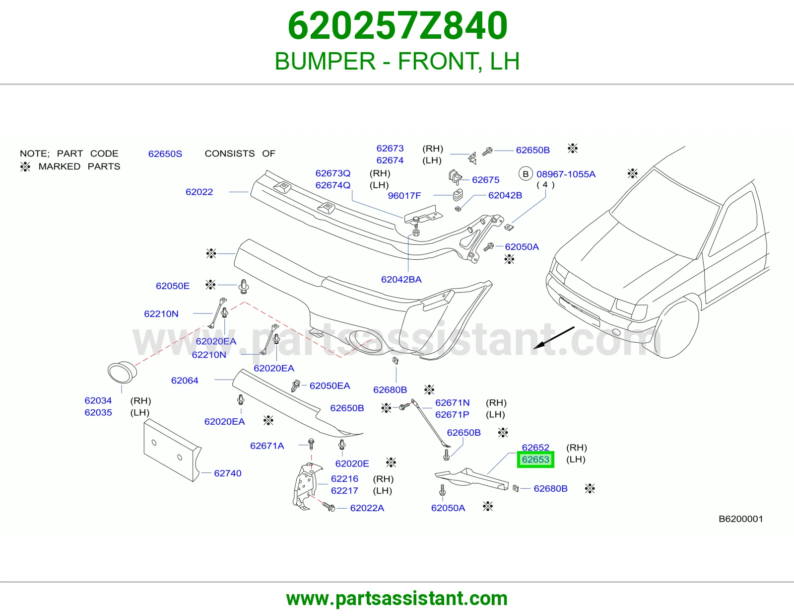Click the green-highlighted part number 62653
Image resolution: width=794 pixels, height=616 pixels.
[535, 460]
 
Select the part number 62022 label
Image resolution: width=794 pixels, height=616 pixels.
[199, 192]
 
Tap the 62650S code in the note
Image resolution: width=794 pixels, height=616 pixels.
[165, 154]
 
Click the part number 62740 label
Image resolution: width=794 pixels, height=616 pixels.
[228, 473]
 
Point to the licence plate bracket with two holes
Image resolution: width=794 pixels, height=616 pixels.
[172, 451]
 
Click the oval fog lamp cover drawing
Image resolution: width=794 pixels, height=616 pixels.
[123, 373]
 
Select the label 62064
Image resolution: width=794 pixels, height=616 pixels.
[185, 381]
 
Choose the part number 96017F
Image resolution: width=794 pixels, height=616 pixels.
[404, 196]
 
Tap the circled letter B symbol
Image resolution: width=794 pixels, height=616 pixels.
[526, 174]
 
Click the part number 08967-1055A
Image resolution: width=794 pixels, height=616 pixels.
[566, 174]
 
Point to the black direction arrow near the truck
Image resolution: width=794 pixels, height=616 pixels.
[554, 338]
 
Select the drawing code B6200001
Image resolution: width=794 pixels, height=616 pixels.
[740, 519]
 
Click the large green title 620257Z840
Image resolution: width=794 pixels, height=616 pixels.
[397, 26]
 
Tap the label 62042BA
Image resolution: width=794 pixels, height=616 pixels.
[401, 280]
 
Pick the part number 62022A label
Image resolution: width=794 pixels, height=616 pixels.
[367, 508]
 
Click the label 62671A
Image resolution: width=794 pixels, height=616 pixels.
[267, 446]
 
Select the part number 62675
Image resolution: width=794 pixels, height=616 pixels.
[486, 180]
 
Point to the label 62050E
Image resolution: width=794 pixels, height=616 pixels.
[173, 286]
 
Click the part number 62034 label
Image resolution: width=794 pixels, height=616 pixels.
[98, 400]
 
